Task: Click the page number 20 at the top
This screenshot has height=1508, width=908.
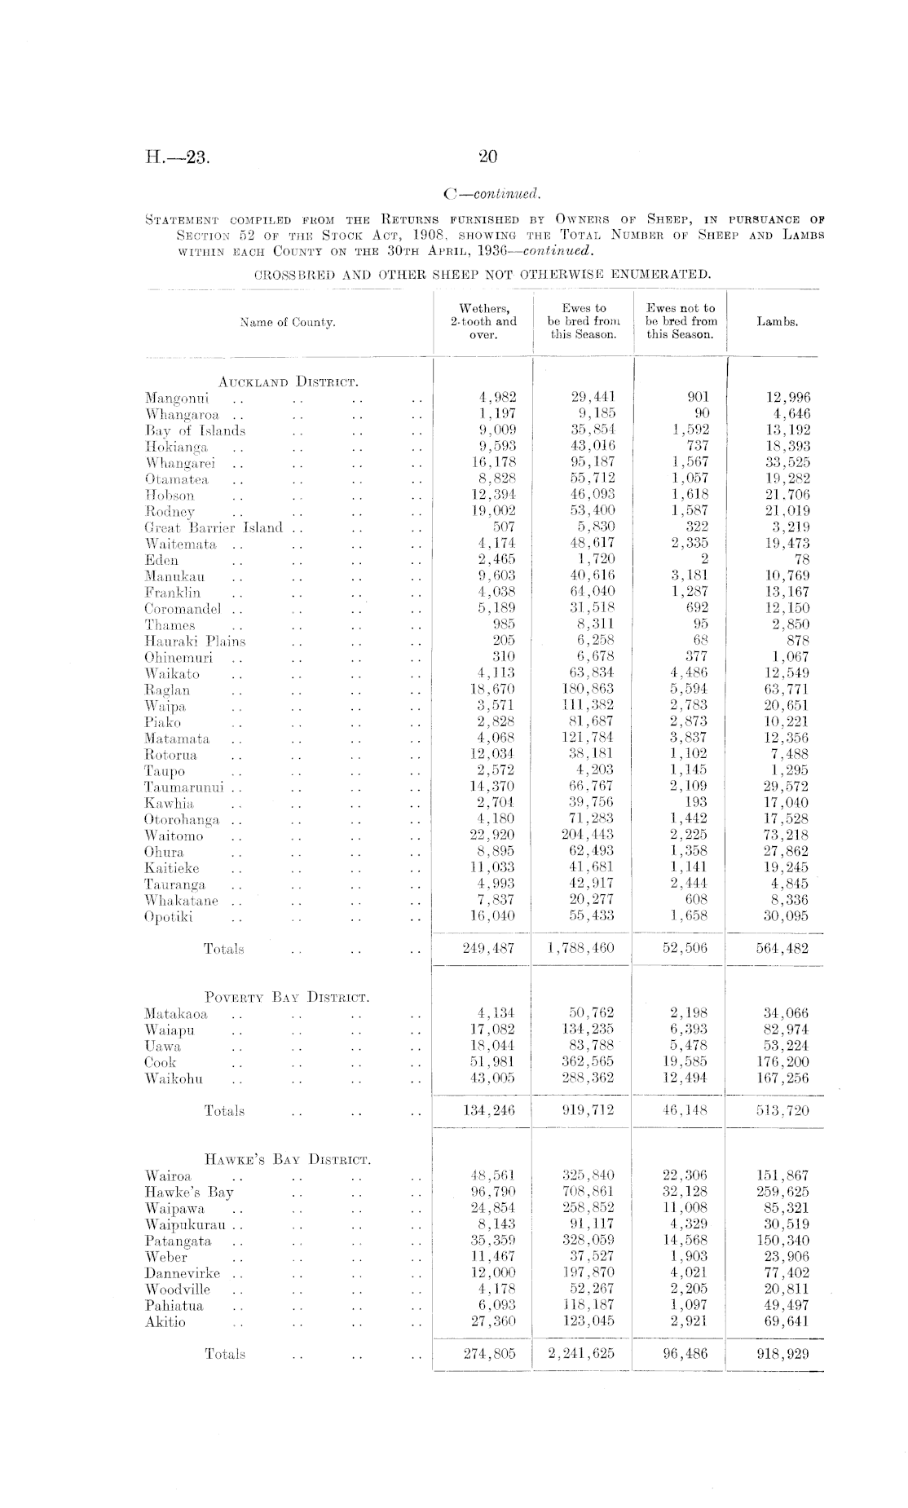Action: (488, 157)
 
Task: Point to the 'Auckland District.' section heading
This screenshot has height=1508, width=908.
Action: (289, 381)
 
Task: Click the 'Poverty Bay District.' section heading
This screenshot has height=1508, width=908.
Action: (288, 997)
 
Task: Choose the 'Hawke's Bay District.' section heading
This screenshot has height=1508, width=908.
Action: (289, 1159)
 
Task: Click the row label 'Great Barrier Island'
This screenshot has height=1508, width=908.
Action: (214, 527)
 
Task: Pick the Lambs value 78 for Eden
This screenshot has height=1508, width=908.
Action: (802, 559)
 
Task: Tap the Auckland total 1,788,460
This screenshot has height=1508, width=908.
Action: (581, 948)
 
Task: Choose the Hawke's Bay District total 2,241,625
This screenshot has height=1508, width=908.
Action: (581, 1354)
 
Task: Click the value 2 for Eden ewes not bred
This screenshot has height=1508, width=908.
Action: (704, 559)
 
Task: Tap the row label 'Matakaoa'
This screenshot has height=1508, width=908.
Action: (176, 1014)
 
